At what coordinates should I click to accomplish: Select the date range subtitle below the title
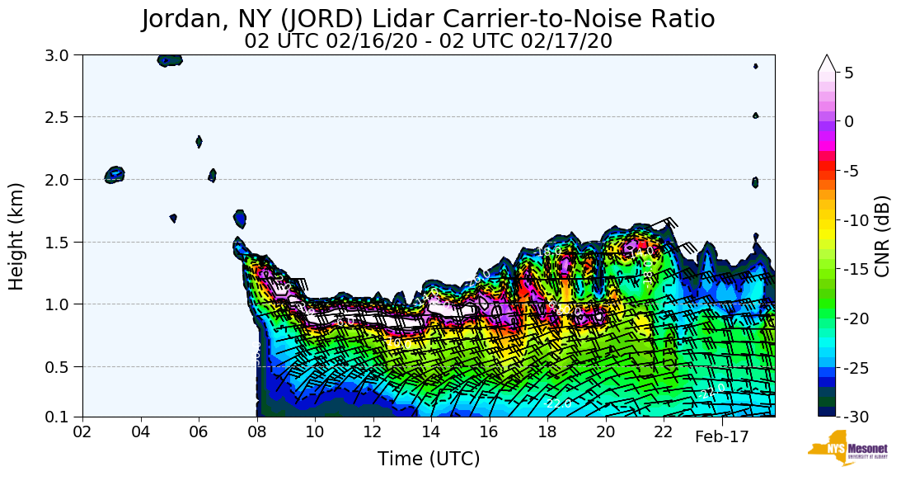[x=428, y=41]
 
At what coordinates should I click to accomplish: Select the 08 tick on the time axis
[x=257, y=431]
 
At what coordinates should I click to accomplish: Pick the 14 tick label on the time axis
[x=431, y=431]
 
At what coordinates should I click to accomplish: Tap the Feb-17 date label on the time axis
[x=721, y=437]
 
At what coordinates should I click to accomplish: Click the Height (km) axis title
[x=16, y=236]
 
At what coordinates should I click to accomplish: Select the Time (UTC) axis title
[x=428, y=459]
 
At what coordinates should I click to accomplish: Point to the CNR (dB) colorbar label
[x=882, y=236]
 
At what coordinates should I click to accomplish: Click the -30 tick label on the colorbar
[x=858, y=417]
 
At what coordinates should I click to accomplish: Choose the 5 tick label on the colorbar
[x=849, y=73]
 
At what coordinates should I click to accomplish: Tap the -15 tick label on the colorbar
[x=858, y=269]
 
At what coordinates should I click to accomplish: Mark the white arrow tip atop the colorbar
[x=827, y=61]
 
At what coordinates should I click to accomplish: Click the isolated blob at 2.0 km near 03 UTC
[x=115, y=174]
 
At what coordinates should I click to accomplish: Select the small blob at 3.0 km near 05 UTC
[x=170, y=59]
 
